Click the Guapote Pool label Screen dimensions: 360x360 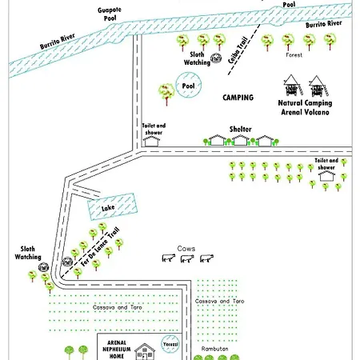[110, 14]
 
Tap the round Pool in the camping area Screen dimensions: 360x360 [189, 85]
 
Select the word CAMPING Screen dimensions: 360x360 [238, 98]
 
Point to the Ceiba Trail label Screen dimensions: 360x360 [238, 50]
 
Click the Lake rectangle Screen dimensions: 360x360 [112, 206]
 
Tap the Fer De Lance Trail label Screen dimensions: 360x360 [100, 247]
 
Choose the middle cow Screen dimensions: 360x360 [187, 258]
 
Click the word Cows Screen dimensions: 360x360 [186, 249]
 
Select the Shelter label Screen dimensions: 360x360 [241, 130]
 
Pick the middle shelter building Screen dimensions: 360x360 [240, 140]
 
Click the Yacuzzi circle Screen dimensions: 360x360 [170, 344]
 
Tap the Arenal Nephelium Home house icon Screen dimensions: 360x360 [145, 351]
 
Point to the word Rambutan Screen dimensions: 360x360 [214, 349]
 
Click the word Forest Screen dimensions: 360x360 [294, 55]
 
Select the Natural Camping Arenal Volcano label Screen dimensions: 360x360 [305, 107]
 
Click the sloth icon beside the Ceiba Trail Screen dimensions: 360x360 [216, 58]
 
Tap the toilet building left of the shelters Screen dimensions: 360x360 [151, 141]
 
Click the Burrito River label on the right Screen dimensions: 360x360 [324, 24]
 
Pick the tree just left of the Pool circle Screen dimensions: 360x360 [166, 94]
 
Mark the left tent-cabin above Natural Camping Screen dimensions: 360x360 [293, 85]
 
